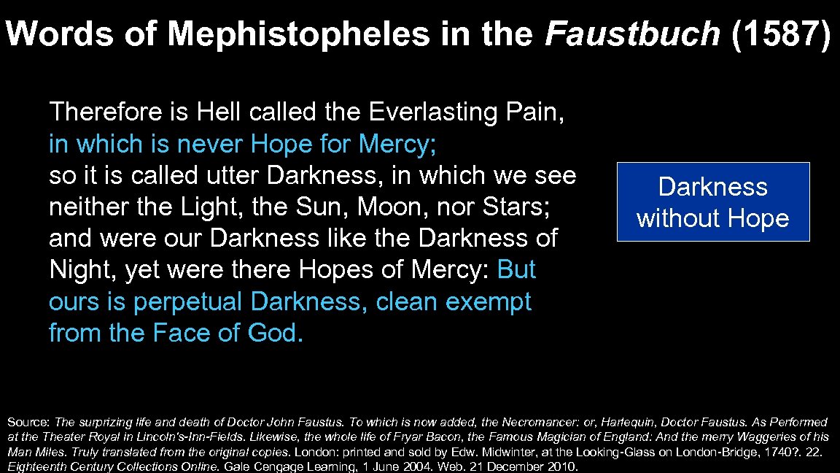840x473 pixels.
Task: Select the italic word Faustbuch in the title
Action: click(632, 34)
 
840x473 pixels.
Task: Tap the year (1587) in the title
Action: click(779, 34)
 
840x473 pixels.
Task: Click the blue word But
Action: click(516, 270)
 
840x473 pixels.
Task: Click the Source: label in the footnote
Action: click(28, 422)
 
